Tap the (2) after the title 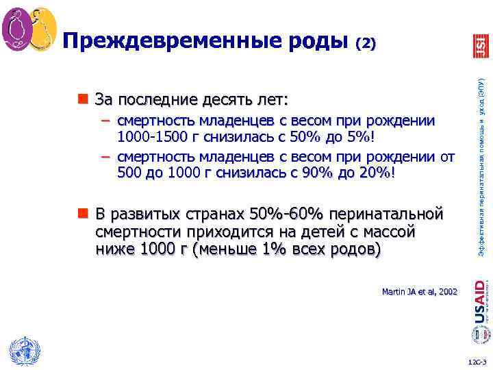[x=366, y=44]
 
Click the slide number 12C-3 [x=477, y=360]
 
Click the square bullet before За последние [x=83, y=98]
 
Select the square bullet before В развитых [x=83, y=212]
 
